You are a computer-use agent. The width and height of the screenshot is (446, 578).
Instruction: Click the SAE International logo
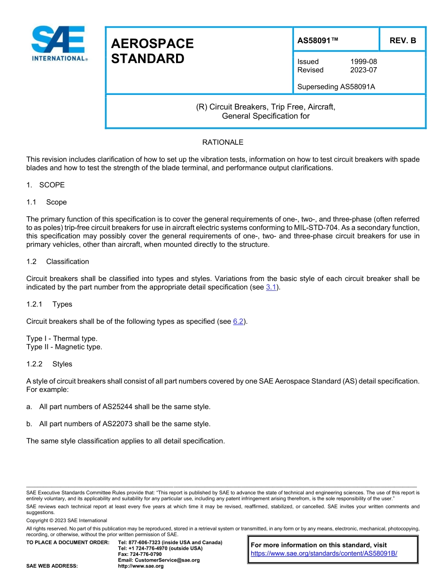[x=59, y=43]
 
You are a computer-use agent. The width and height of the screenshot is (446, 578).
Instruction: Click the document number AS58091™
[x=318, y=40]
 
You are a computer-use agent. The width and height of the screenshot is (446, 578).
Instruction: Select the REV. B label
[x=402, y=40]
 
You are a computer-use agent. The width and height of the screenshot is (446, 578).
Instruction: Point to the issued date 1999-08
[x=363, y=62]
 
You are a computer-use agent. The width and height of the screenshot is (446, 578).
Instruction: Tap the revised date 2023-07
[x=363, y=70]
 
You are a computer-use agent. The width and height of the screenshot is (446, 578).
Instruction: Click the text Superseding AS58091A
[x=336, y=86]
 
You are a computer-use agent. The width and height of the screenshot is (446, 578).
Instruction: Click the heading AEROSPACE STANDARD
[x=152, y=51]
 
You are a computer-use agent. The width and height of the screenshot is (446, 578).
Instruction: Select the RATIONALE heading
[x=223, y=142]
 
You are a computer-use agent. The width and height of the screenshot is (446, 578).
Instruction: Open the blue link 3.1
[x=271, y=287]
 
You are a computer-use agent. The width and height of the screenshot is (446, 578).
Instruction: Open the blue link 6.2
[x=238, y=321]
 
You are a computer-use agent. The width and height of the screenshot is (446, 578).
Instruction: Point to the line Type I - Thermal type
[x=62, y=338]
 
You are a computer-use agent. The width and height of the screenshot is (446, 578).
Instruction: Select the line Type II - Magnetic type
[x=64, y=347]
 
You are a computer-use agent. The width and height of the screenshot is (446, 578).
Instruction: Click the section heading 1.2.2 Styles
[x=49, y=364]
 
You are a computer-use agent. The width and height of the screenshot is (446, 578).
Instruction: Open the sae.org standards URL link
[x=324, y=553]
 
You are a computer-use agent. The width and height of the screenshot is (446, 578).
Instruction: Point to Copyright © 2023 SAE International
[x=67, y=520]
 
